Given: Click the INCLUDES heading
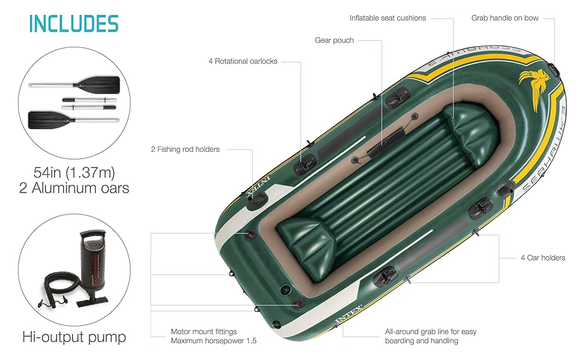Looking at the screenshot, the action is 74,24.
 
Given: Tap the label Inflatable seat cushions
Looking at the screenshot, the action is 388,18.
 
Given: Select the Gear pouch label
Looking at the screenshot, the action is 334,40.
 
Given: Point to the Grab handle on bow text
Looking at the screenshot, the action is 505,18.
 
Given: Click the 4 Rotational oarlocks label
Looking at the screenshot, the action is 243,61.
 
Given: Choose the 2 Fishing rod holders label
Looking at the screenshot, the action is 185,149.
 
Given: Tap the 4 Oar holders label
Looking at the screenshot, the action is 542,257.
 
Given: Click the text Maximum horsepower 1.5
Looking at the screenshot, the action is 214,341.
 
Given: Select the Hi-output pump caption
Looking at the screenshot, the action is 74,337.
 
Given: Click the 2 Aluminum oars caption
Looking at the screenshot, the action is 74,188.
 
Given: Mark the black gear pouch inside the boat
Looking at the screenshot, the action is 386,141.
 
